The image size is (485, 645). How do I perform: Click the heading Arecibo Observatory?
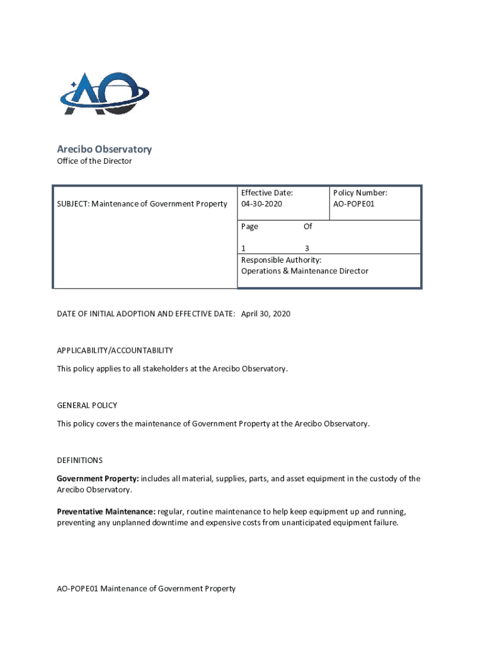[x=104, y=149]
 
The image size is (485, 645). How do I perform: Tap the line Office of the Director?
[x=94, y=161]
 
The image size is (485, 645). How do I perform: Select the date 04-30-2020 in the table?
[x=262, y=204]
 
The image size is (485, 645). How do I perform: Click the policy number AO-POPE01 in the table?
[x=353, y=204]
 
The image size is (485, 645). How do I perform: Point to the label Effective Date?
[x=266, y=193]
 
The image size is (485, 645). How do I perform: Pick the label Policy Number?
[x=360, y=193]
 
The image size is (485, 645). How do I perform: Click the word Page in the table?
[x=249, y=226]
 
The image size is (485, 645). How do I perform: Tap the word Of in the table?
[x=307, y=226]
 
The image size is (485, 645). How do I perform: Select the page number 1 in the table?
[x=244, y=248]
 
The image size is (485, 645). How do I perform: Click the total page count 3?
[x=307, y=248]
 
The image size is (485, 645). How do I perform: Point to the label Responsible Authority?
[x=281, y=260]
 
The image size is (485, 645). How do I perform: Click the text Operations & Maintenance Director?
[x=304, y=271]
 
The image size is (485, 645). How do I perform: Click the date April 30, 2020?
[x=266, y=314]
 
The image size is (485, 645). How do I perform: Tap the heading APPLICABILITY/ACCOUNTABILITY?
[x=115, y=350]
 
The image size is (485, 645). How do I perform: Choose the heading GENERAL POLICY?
[x=87, y=406]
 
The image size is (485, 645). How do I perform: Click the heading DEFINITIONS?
[x=79, y=460]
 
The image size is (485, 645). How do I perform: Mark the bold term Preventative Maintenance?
[x=106, y=511]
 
